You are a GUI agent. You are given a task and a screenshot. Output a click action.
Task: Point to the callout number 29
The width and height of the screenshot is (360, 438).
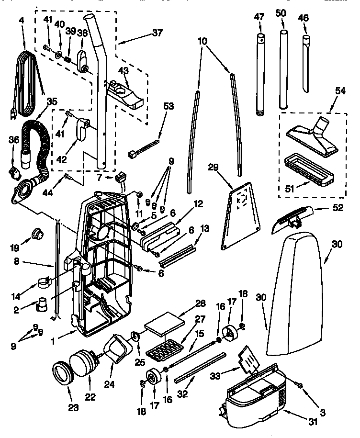click(x=214, y=167)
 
